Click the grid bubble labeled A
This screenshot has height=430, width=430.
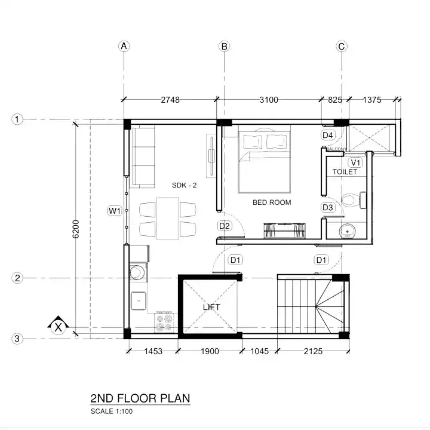point(124,46)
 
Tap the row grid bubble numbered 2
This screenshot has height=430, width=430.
point(18,278)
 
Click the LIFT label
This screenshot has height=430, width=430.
point(211,307)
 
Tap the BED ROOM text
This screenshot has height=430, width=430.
point(272,202)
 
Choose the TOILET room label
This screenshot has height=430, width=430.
point(345,172)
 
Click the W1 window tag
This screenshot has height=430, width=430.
point(115,210)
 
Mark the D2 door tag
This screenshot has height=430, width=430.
point(225,226)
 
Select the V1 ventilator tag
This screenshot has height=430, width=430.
point(356,162)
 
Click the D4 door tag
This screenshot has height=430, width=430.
point(328,136)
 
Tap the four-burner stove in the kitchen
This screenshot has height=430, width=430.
point(164,323)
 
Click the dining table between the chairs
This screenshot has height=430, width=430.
point(168,219)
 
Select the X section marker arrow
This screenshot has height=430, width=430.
point(58,326)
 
